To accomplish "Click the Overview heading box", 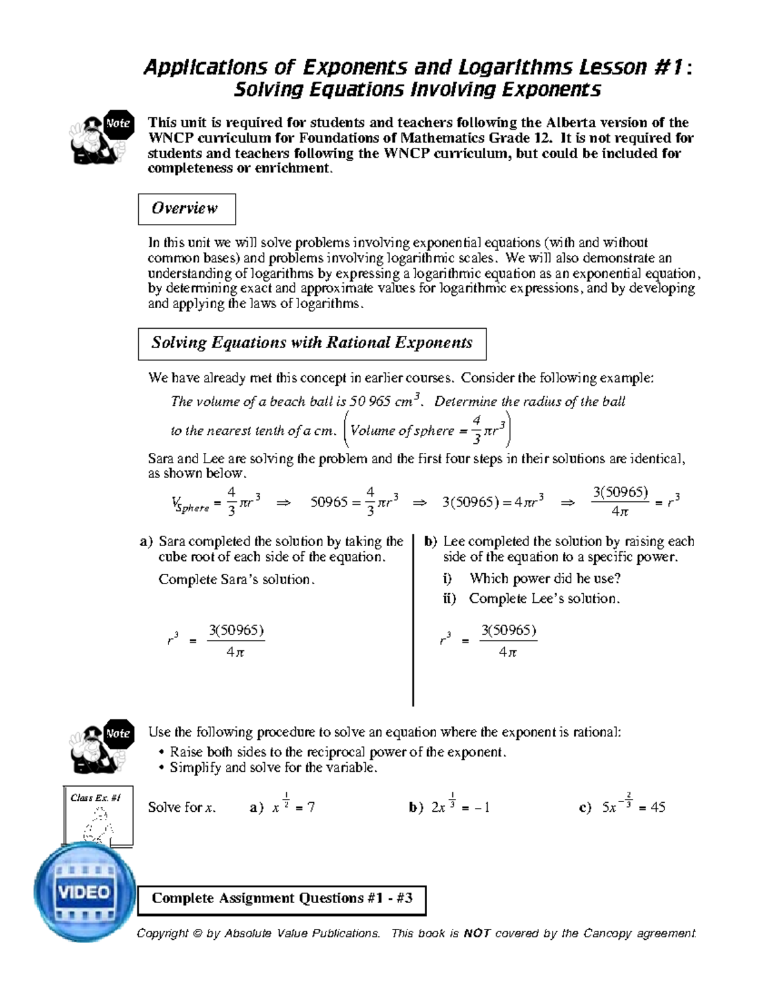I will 187,208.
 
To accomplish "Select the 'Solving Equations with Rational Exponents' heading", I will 312,343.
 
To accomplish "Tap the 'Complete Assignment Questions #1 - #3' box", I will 282,899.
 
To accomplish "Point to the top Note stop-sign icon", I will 118,124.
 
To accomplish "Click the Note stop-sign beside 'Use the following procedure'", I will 118,733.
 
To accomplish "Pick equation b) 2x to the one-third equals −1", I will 459,807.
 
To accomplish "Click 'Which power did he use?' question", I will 544,578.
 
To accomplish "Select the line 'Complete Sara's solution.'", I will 237,579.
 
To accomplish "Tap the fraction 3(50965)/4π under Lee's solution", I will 508,641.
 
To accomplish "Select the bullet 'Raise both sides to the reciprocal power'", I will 338,752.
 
